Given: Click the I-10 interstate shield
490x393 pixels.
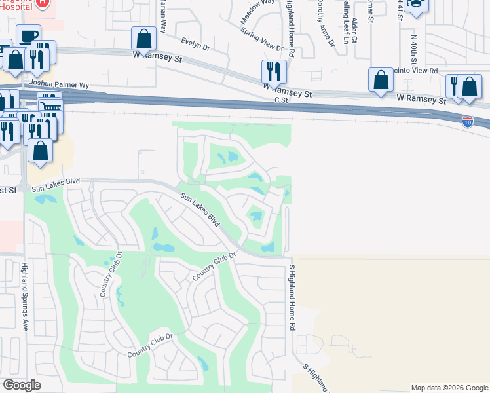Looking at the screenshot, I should pyautogui.click(x=467, y=121).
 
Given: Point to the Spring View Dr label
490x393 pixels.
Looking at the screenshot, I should pyautogui.click(x=261, y=39).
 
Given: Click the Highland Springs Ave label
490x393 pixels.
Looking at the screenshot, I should pyautogui.click(x=24, y=296).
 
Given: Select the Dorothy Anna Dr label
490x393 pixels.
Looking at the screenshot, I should pyautogui.click(x=325, y=23).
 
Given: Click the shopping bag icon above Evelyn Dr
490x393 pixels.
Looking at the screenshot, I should pyautogui.click(x=143, y=39).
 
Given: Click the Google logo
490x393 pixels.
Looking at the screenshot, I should pyautogui.click(x=22, y=385).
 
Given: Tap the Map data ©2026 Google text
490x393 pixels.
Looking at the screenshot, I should pyautogui.click(x=449, y=388).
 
